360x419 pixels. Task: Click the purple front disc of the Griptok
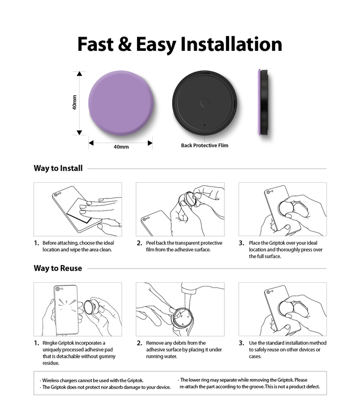(x=121, y=103)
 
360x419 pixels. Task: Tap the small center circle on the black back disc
(x=205, y=103)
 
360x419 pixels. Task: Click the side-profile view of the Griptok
(x=264, y=102)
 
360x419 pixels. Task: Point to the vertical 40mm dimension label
(x=74, y=102)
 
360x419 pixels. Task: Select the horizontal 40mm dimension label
(x=121, y=147)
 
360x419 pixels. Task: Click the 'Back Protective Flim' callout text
(x=205, y=146)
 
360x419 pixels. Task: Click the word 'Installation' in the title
(x=231, y=44)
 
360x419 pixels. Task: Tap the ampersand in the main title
(x=125, y=44)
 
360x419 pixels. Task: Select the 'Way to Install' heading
(x=58, y=168)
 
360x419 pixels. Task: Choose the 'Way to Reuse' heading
(x=58, y=268)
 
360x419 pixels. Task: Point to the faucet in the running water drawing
(x=189, y=289)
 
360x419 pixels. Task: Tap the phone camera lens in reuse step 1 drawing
(x=58, y=289)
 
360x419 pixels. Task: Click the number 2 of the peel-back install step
(x=139, y=243)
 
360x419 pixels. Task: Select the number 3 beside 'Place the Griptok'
(x=241, y=243)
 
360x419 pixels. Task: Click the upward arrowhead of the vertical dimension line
(x=80, y=73)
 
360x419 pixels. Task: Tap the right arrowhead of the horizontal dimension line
(x=150, y=143)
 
